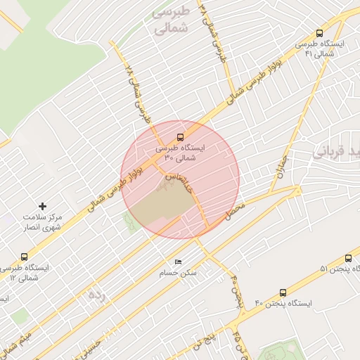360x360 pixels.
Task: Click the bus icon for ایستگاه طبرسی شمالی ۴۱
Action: point(320,33)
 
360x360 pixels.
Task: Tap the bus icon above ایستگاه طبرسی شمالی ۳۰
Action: point(179,136)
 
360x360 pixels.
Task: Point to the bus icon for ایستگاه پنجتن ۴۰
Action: point(283,292)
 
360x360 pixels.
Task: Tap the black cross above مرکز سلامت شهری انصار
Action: point(43,206)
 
